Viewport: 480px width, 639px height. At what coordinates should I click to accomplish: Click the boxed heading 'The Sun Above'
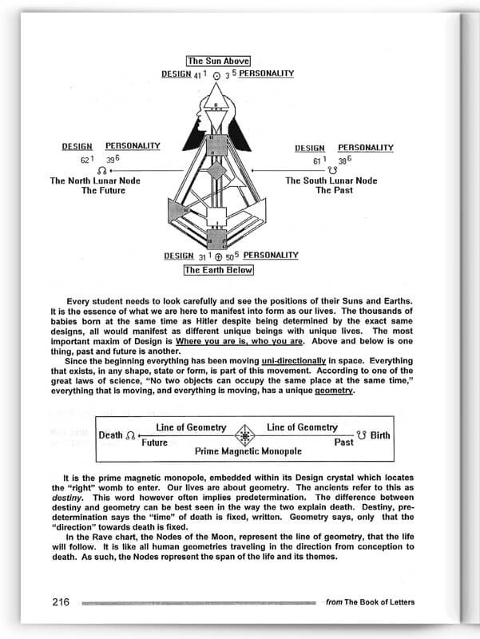pyautogui.click(x=218, y=61)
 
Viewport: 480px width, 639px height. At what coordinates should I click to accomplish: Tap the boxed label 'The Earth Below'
pyautogui.click(x=218, y=270)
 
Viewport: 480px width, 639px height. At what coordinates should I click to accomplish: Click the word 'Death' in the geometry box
pyautogui.click(x=110, y=435)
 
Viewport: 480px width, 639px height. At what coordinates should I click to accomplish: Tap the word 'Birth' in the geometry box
pyautogui.click(x=381, y=435)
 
